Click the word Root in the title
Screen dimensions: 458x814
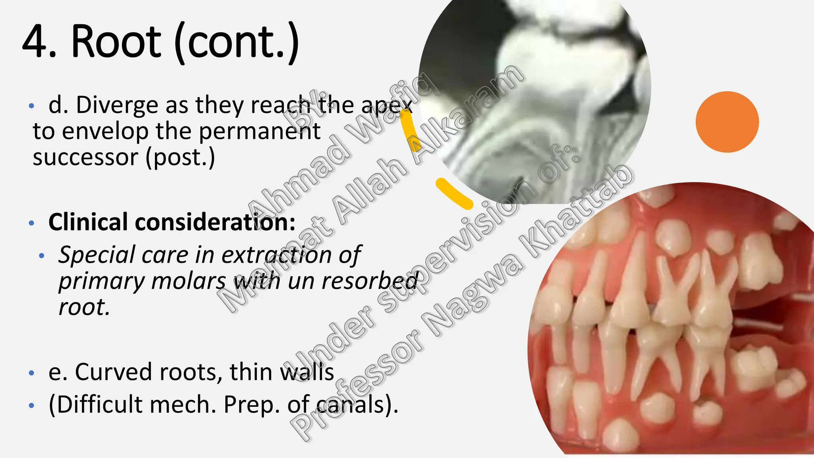pos(116,42)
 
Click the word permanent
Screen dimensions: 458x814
pos(259,131)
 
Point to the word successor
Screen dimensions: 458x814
pos(85,157)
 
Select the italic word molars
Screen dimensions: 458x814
pos(189,281)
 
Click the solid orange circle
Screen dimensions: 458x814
pos(727,122)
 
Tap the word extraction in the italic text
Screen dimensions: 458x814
pos(276,254)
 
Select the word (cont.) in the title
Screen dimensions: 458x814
pos(237,42)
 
